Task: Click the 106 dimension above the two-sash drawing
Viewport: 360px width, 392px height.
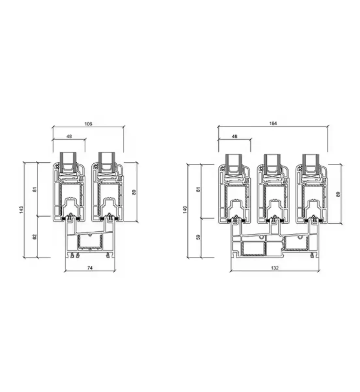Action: coord(88,124)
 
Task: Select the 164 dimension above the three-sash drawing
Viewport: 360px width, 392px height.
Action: coord(273,123)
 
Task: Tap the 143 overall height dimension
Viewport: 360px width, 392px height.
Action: coord(21,210)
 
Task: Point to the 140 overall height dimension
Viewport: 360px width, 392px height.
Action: coord(185,210)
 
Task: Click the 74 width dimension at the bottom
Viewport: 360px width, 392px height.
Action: coord(90,268)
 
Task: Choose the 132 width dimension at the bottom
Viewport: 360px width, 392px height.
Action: coord(274,268)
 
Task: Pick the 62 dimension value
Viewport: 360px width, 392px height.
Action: coord(35,237)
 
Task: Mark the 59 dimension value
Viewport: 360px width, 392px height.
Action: coord(198,237)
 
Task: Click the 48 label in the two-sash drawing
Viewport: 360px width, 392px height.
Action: coord(69,137)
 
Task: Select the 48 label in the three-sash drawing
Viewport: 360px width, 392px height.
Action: coord(235,137)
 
